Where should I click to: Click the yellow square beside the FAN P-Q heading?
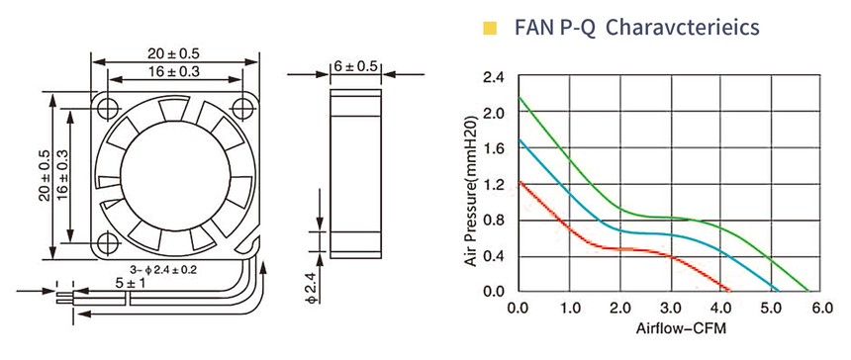[x=490, y=29]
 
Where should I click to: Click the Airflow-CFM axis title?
[x=681, y=328]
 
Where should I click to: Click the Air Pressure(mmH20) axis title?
[x=472, y=189]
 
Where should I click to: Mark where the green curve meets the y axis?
[x=520, y=98]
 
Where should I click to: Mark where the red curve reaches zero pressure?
[x=729, y=290]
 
